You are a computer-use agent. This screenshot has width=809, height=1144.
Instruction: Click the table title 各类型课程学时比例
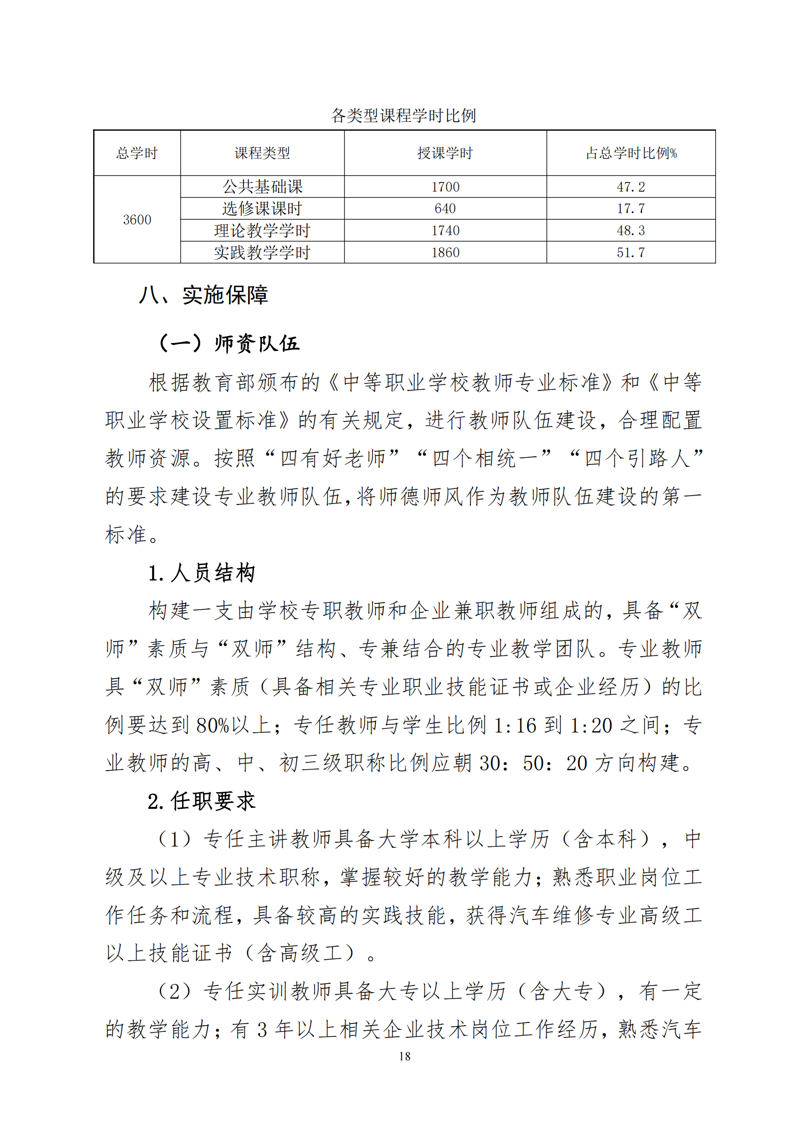tap(404, 115)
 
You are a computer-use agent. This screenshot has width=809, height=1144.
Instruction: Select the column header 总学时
tap(137, 153)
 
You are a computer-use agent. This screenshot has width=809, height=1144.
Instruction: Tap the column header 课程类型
tap(262, 153)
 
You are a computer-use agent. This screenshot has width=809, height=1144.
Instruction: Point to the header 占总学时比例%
tap(631, 153)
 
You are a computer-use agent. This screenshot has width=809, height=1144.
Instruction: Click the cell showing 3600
tap(137, 220)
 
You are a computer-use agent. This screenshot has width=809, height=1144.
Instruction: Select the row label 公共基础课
tap(262, 187)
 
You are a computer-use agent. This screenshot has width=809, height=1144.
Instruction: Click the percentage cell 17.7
tap(631, 209)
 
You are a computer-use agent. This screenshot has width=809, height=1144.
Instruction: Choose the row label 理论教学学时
tap(262, 230)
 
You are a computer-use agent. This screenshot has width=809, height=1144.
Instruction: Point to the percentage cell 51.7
tap(631, 252)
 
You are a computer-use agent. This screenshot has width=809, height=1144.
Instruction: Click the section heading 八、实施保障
tap(204, 295)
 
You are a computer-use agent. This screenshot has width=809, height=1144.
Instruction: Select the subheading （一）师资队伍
tap(230, 343)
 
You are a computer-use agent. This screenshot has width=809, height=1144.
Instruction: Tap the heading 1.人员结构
tap(202, 573)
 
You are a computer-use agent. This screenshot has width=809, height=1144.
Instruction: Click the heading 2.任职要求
tap(202, 801)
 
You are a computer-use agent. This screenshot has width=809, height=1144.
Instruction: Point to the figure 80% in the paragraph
tap(212, 726)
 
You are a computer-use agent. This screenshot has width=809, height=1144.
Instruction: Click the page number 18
tap(404, 1056)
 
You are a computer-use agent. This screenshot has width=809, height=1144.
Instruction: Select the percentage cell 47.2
tap(631, 187)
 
